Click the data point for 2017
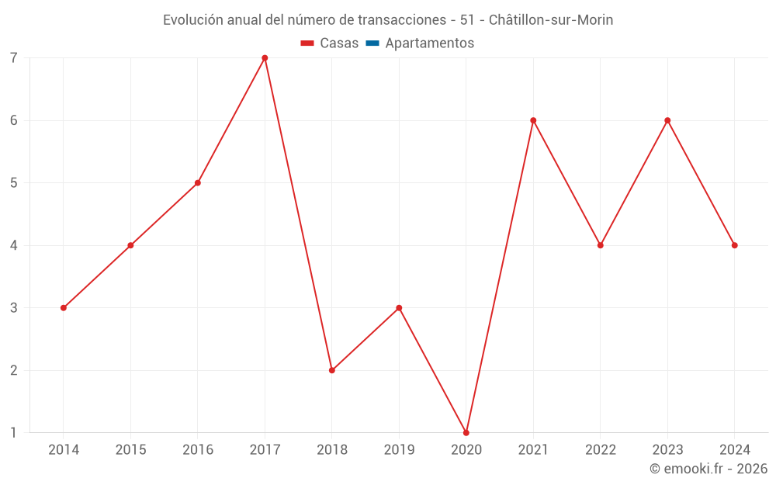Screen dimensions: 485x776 point(265,58)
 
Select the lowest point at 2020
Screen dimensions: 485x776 point(466,433)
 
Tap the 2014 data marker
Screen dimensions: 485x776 point(64,308)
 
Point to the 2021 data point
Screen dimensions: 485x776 point(533,120)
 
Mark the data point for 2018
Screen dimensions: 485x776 point(332,370)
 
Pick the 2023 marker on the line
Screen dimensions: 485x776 point(667,120)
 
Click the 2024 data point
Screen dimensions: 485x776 point(735,245)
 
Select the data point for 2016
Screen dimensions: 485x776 point(198,183)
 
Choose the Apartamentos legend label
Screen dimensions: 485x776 point(429,43)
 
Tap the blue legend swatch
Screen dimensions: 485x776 point(372,43)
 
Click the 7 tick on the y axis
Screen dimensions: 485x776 point(14,58)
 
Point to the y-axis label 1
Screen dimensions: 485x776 point(14,433)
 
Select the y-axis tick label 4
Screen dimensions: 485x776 point(14,245)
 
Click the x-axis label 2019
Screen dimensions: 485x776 point(399,450)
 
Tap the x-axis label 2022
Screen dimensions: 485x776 point(601,450)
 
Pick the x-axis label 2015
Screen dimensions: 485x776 point(130,450)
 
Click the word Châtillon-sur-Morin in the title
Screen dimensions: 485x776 point(551,20)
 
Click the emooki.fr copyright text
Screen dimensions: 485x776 point(708,469)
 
